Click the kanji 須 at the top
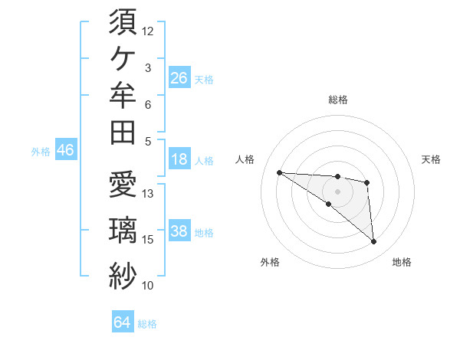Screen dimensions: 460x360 pos(123,21)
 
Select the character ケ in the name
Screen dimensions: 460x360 pos(123,59)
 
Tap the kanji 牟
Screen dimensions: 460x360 pos(123,95)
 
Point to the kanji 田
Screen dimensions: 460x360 pos(123,133)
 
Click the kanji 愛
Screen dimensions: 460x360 pos(123,184)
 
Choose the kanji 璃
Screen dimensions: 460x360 pos(123,230)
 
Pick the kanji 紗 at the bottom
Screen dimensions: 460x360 pos(123,276)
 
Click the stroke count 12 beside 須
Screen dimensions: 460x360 pos(147,31)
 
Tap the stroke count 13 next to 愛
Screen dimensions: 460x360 pos(147,194)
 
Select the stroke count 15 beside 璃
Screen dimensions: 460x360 pos(147,240)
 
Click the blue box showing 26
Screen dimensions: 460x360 pos(179,77)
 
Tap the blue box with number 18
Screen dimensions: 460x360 pos(179,159)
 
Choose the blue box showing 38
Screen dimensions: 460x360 pos(179,230)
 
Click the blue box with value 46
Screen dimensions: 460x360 pos(66,149)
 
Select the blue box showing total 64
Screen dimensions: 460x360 pos(123,321)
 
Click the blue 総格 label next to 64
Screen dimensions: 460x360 pos(147,324)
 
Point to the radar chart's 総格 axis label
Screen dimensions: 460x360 pos(338,100)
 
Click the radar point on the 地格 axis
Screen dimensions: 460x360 pos(373,242)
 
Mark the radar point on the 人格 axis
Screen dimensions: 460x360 pos(280,172)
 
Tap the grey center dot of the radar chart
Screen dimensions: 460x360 pos(337,191)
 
